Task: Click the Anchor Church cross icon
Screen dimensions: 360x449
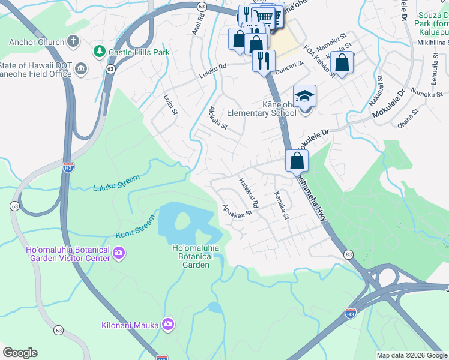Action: pos(73,41)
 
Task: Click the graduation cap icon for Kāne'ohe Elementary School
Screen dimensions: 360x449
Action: pos(304,96)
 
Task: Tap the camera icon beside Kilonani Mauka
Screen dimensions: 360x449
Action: pos(168,325)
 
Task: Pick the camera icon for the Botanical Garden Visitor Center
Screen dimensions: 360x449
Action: pos(119,253)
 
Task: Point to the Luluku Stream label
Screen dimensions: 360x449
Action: pos(116,184)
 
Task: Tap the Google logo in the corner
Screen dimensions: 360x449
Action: pos(20,353)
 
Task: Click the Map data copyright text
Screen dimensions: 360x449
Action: pos(412,355)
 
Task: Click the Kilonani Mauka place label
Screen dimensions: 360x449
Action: pos(130,325)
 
